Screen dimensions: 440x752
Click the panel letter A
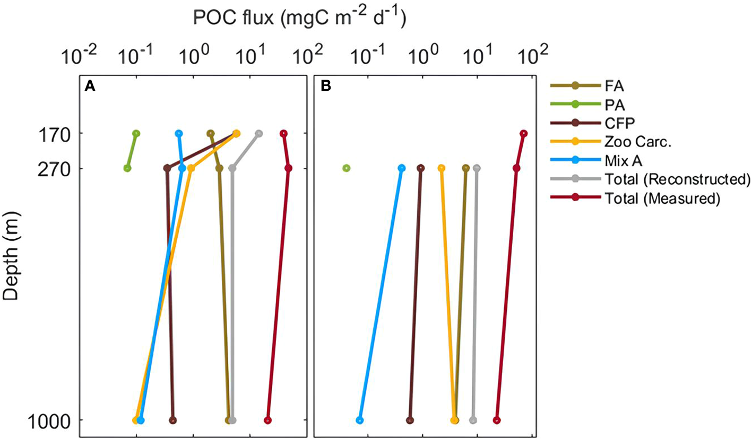[x=90, y=87]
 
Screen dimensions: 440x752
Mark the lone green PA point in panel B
[x=346, y=168]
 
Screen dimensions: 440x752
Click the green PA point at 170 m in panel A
[x=136, y=133]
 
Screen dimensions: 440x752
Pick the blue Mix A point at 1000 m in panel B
[x=360, y=420]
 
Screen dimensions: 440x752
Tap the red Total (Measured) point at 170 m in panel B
[x=524, y=133]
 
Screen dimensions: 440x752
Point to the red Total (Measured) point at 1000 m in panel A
[x=267, y=420]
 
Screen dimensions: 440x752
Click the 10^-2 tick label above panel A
[x=80, y=55]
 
